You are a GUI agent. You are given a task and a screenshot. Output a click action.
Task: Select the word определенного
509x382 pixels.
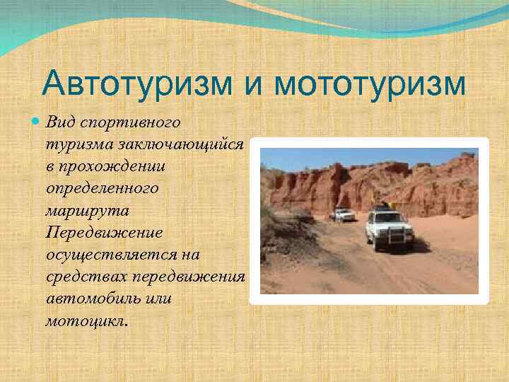click(103, 189)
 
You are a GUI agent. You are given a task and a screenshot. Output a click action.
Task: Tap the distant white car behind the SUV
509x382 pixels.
click(343, 214)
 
